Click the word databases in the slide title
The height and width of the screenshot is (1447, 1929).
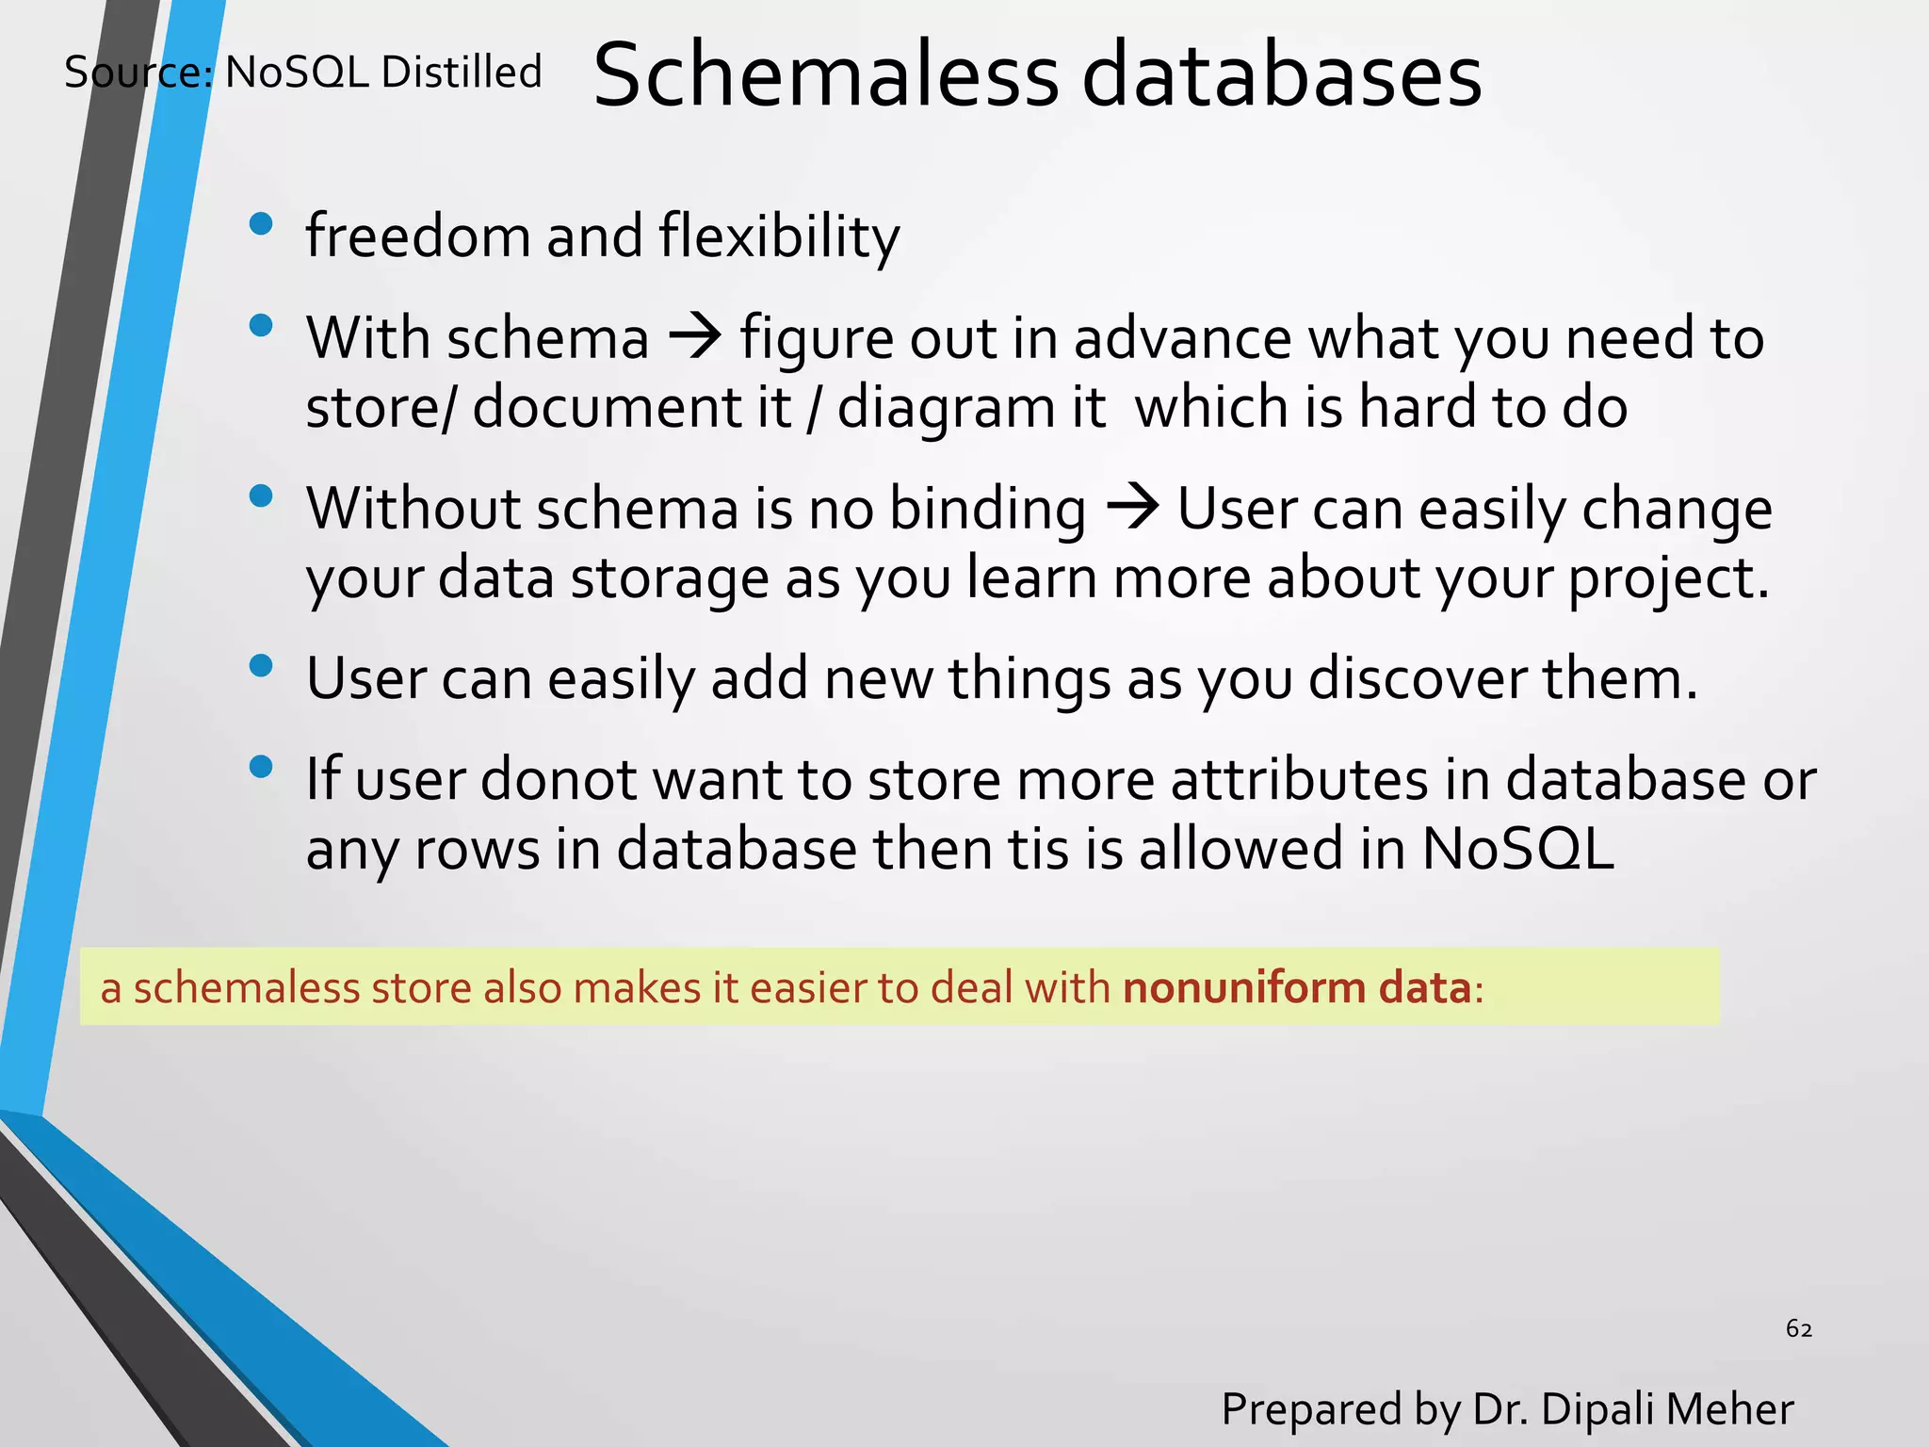pyautogui.click(x=1282, y=75)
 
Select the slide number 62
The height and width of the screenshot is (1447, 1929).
pyautogui.click(x=1799, y=1328)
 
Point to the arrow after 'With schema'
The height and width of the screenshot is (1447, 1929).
pyautogui.click(x=695, y=336)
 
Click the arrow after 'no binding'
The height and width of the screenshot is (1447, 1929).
pyautogui.click(x=1132, y=508)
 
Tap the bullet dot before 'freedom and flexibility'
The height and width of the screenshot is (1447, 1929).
pyautogui.click(x=261, y=224)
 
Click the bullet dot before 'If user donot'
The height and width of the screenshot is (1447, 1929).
pyautogui.click(x=261, y=767)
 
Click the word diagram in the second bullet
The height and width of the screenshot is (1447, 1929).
pyautogui.click(x=946, y=409)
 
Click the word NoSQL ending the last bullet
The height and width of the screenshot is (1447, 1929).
pyautogui.click(x=1517, y=848)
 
